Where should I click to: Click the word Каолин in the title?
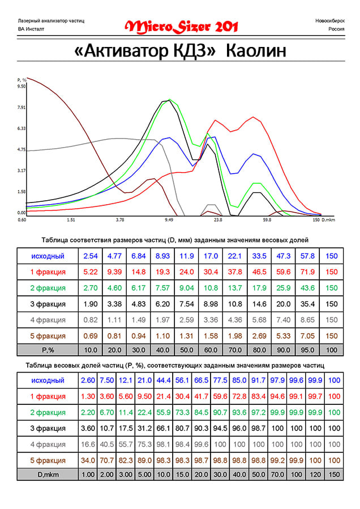pos(256,51)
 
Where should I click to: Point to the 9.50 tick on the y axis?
pos(22,87)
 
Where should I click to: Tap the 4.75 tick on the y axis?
pos(22,149)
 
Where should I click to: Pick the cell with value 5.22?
pos(91,272)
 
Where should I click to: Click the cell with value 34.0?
pos(88,460)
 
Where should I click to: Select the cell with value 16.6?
pos(88,444)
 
